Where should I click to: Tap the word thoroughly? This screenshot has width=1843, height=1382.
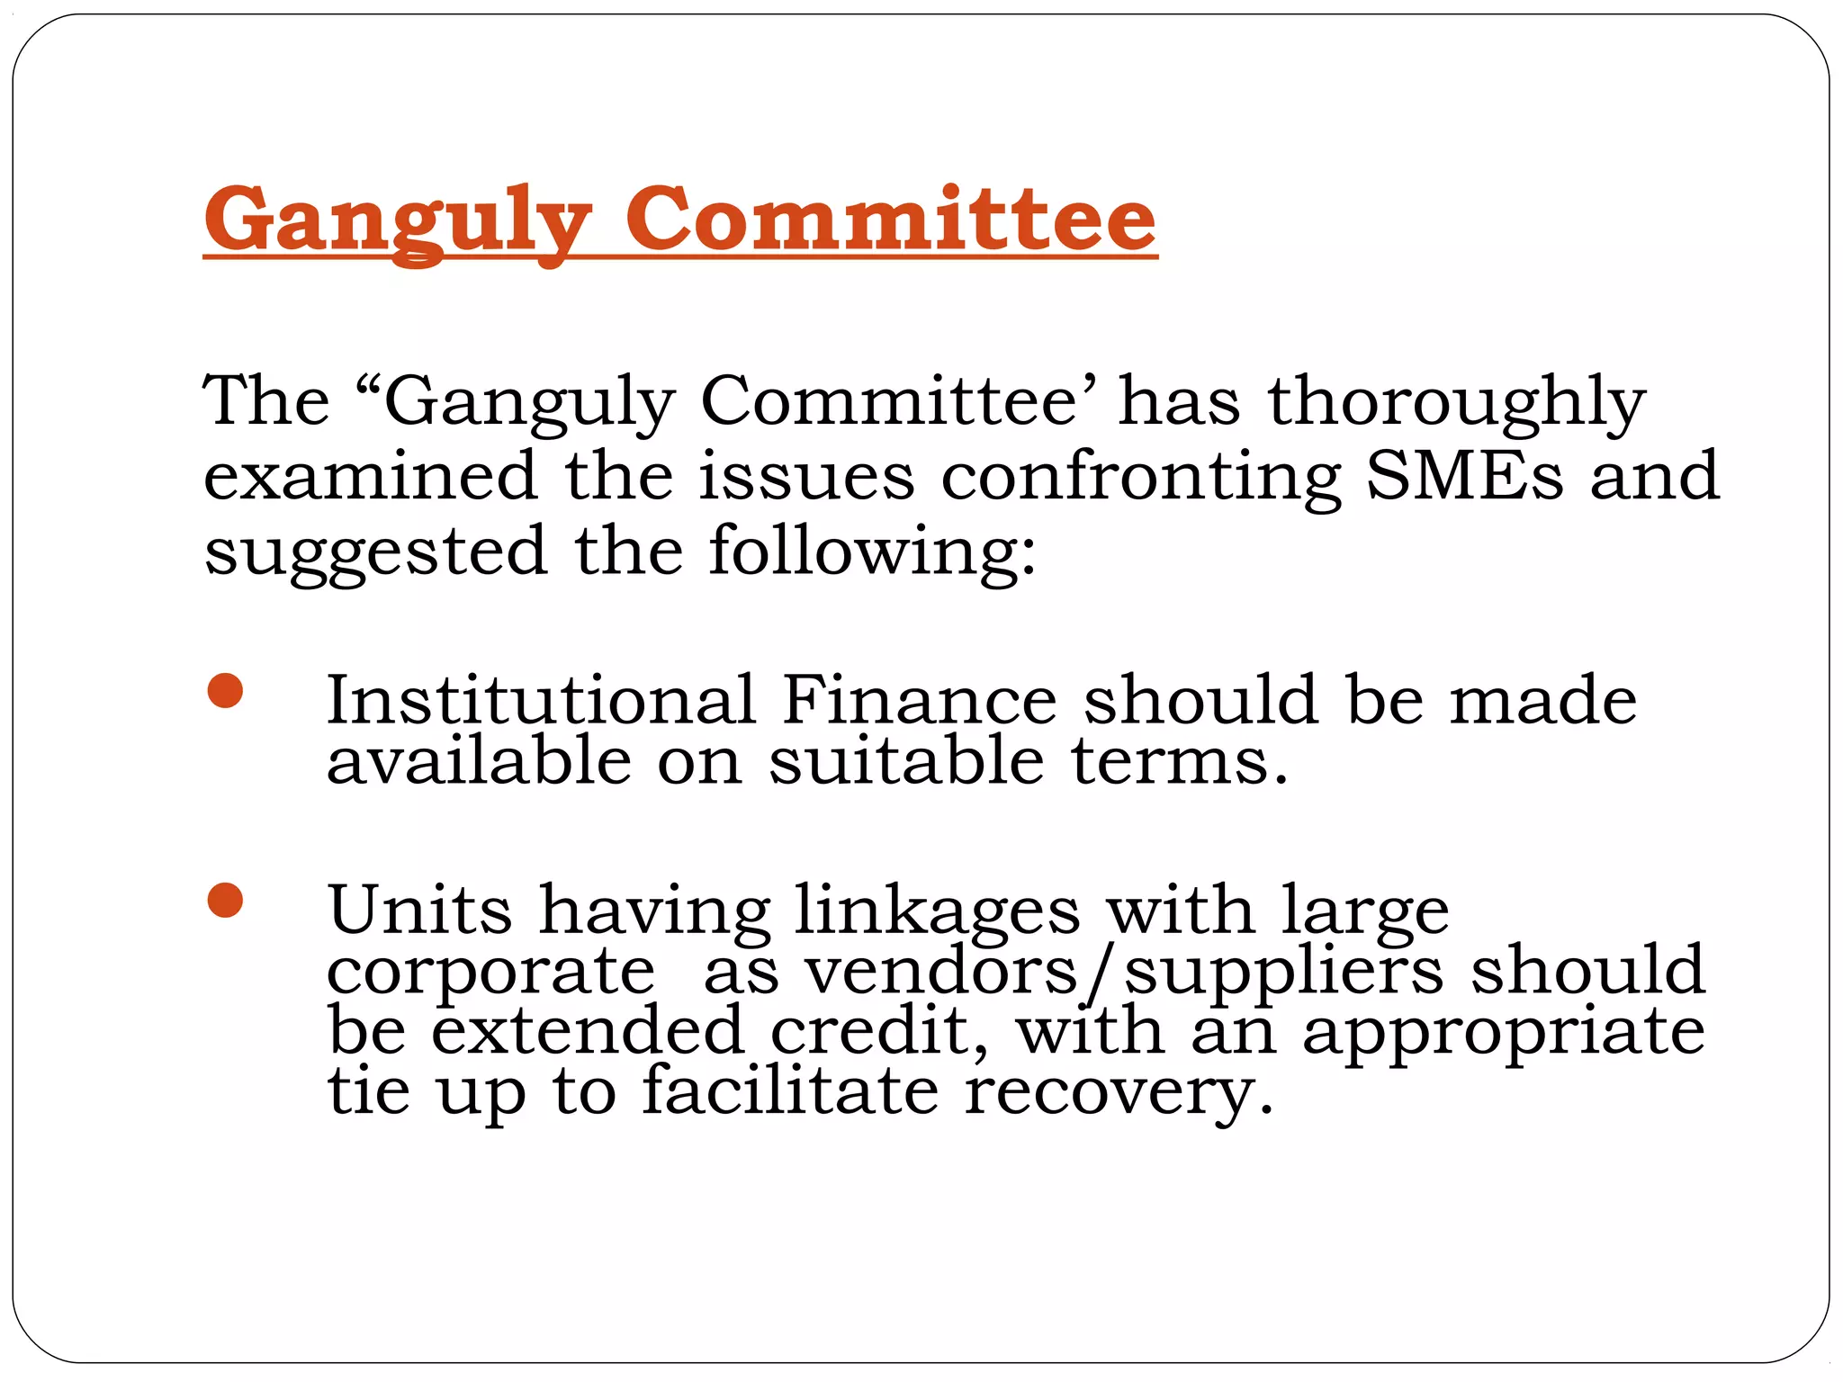1457,402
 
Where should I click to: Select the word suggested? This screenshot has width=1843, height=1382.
375,552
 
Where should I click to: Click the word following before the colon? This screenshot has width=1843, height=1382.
865,552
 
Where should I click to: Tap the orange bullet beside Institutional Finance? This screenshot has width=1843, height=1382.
225,691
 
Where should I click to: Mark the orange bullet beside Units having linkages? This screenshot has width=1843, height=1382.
225,900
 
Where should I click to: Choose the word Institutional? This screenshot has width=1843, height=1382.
540,700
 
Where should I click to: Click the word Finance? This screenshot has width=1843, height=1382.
919,700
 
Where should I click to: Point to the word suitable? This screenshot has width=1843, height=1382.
906,761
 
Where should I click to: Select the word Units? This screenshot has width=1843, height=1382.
419,910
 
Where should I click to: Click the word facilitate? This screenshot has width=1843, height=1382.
789,1091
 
